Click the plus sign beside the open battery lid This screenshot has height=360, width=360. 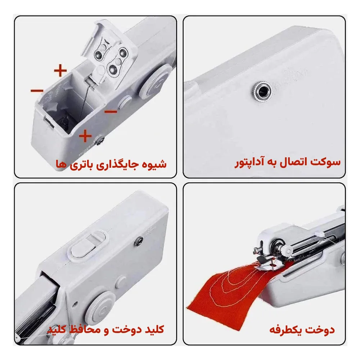click(x=60, y=71)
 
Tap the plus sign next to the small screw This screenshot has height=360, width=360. click(x=85, y=136)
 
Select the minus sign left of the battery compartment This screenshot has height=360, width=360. click(x=37, y=91)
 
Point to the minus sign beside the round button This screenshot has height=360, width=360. click(x=111, y=112)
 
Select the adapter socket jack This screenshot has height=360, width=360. click(x=261, y=92)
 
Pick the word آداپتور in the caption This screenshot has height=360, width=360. click(x=248, y=163)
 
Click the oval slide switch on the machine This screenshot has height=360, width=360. click(x=88, y=247)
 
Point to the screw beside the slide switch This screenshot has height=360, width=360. click(x=139, y=240)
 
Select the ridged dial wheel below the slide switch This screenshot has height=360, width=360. click(x=101, y=306)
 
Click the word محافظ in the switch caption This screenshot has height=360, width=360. click(x=82, y=329)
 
